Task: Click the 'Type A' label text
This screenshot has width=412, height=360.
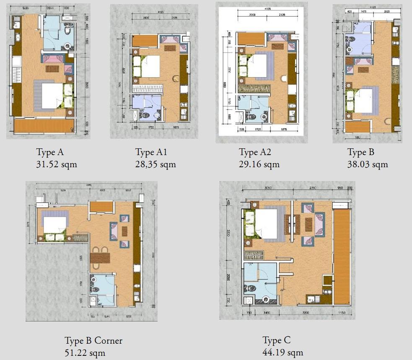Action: [50, 152]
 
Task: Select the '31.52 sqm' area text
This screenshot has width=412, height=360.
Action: [57, 164]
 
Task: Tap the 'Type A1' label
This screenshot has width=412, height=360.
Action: [151, 152]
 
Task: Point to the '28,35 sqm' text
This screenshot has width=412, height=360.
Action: [155, 164]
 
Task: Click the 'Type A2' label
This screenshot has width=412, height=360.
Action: [255, 152]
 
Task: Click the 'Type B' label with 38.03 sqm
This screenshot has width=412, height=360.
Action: [361, 152]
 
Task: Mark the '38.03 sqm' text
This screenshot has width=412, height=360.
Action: [368, 164]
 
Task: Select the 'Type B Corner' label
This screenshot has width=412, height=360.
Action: [93, 340]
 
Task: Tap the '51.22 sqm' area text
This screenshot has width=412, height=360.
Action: [85, 353]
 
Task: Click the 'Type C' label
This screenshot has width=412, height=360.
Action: [277, 340]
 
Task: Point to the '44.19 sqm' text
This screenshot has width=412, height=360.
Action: [282, 352]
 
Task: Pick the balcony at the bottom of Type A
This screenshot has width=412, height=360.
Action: [44, 125]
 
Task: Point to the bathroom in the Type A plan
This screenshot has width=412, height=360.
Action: [58, 33]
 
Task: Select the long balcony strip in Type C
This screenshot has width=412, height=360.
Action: [342, 256]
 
